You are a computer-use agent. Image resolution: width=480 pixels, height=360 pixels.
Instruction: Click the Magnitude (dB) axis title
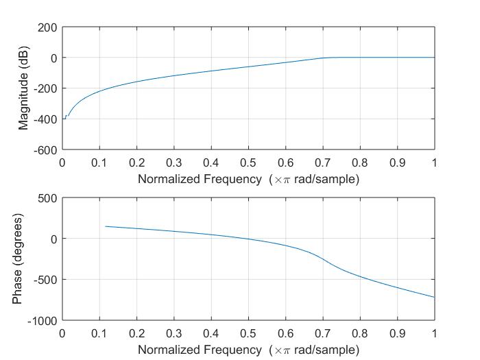[x=25, y=88]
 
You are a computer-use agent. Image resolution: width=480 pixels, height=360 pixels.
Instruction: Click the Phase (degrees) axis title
[x=18, y=259]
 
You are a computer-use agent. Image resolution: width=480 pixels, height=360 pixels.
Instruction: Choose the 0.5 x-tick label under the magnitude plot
[x=248, y=163]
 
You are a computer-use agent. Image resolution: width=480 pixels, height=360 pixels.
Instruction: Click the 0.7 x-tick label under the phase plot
[x=323, y=333]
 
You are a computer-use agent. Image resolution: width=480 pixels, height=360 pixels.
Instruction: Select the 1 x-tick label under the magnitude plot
[x=434, y=163]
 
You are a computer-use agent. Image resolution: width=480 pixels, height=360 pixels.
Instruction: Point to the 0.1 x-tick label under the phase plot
[x=99, y=333]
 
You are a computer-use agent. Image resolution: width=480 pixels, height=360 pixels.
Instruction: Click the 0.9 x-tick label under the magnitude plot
[x=397, y=163]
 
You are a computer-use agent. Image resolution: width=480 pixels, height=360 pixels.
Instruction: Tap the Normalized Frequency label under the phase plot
[x=248, y=350]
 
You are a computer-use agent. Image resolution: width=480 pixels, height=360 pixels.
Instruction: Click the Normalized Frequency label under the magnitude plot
[x=248, y=179]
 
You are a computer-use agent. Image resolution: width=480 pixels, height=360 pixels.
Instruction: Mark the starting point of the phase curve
[x=105, y=226]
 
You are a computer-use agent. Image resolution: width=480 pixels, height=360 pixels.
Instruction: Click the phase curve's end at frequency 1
[x=434, y=297]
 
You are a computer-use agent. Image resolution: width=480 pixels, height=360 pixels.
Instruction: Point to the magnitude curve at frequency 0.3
[x=174, y=75]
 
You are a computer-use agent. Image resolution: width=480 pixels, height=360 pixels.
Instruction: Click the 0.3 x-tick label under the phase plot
[x=174, y=333]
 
